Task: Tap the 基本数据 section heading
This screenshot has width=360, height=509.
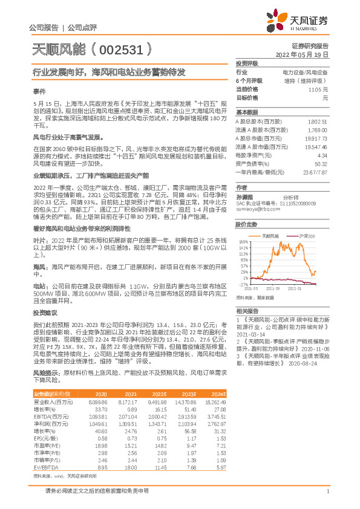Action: pos(246,112)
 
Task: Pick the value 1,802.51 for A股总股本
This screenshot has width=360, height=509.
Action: pos(318,122)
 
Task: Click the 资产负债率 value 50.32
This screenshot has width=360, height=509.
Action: pos(321,163)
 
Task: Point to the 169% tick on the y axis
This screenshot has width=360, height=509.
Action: pos(244,240)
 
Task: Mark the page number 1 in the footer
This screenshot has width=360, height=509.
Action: pos(327,491)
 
